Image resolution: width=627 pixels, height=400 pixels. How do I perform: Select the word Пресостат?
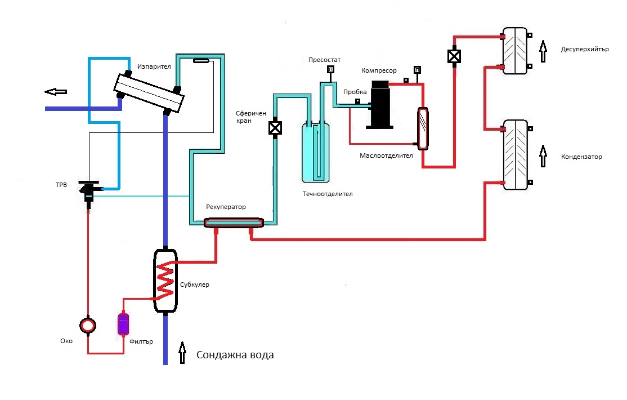pyautogui.click(x=325, y=60)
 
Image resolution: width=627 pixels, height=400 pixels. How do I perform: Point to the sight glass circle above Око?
pyautogui.click(x=87, y=325)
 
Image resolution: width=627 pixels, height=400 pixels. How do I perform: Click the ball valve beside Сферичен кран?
pyautogui.click(x=275, y=128)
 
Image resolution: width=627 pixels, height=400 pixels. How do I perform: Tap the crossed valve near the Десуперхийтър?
pyautogui.click(x=453, y=56)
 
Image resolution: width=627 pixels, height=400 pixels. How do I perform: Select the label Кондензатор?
pyautogui.click(x=581, y=157)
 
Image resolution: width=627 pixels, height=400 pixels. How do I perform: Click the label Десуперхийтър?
pyautogui.click(x=585, y=49)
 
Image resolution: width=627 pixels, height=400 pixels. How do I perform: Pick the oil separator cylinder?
pyautogui.click(x=423, y=129)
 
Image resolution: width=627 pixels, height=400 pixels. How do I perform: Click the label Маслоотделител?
pyautogui.click(x=387, y=155)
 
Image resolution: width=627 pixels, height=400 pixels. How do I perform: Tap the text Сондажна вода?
pyautogui.click(x=235, y=355)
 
